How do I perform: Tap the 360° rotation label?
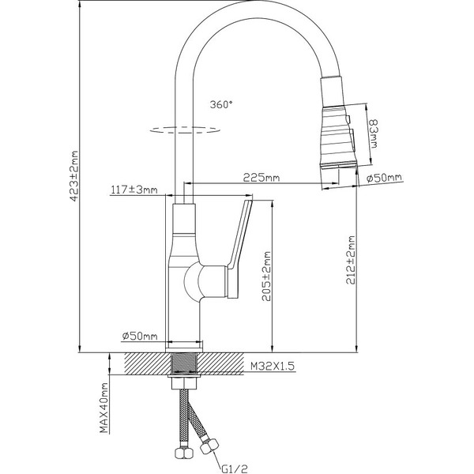point(222,103)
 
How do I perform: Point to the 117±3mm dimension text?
point(134,190)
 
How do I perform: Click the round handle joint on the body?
point(194,280)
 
